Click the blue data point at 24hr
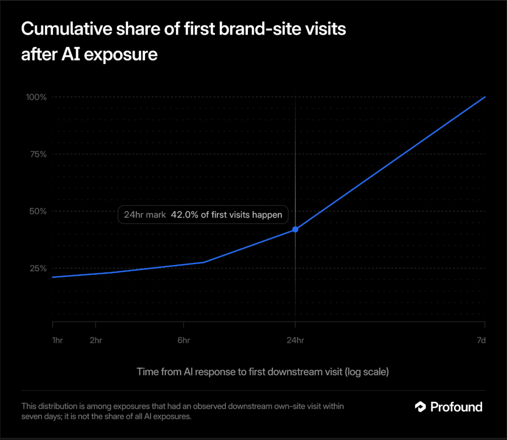tap(295, 229)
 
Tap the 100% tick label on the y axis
tap(36, 97)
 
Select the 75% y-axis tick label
tap(38, 154)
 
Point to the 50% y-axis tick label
tap(38, 212)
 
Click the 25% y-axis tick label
tap(38, 268)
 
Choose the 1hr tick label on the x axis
tap(57, 340)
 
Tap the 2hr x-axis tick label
tap(96, 340)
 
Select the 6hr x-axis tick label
tap(184, 340)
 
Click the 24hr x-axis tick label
tap(295, 340)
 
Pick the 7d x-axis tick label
tap(482, 340)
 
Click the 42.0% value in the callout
tap(184, 215)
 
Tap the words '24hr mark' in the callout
tap(145, 215)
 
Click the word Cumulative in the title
tap(67, 29)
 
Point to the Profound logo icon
tap(420, 407)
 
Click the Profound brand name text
tap(456, 407)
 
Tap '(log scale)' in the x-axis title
tap(367, 372)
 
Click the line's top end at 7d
tap(485, 97)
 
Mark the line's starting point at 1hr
tap(53, 277)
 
